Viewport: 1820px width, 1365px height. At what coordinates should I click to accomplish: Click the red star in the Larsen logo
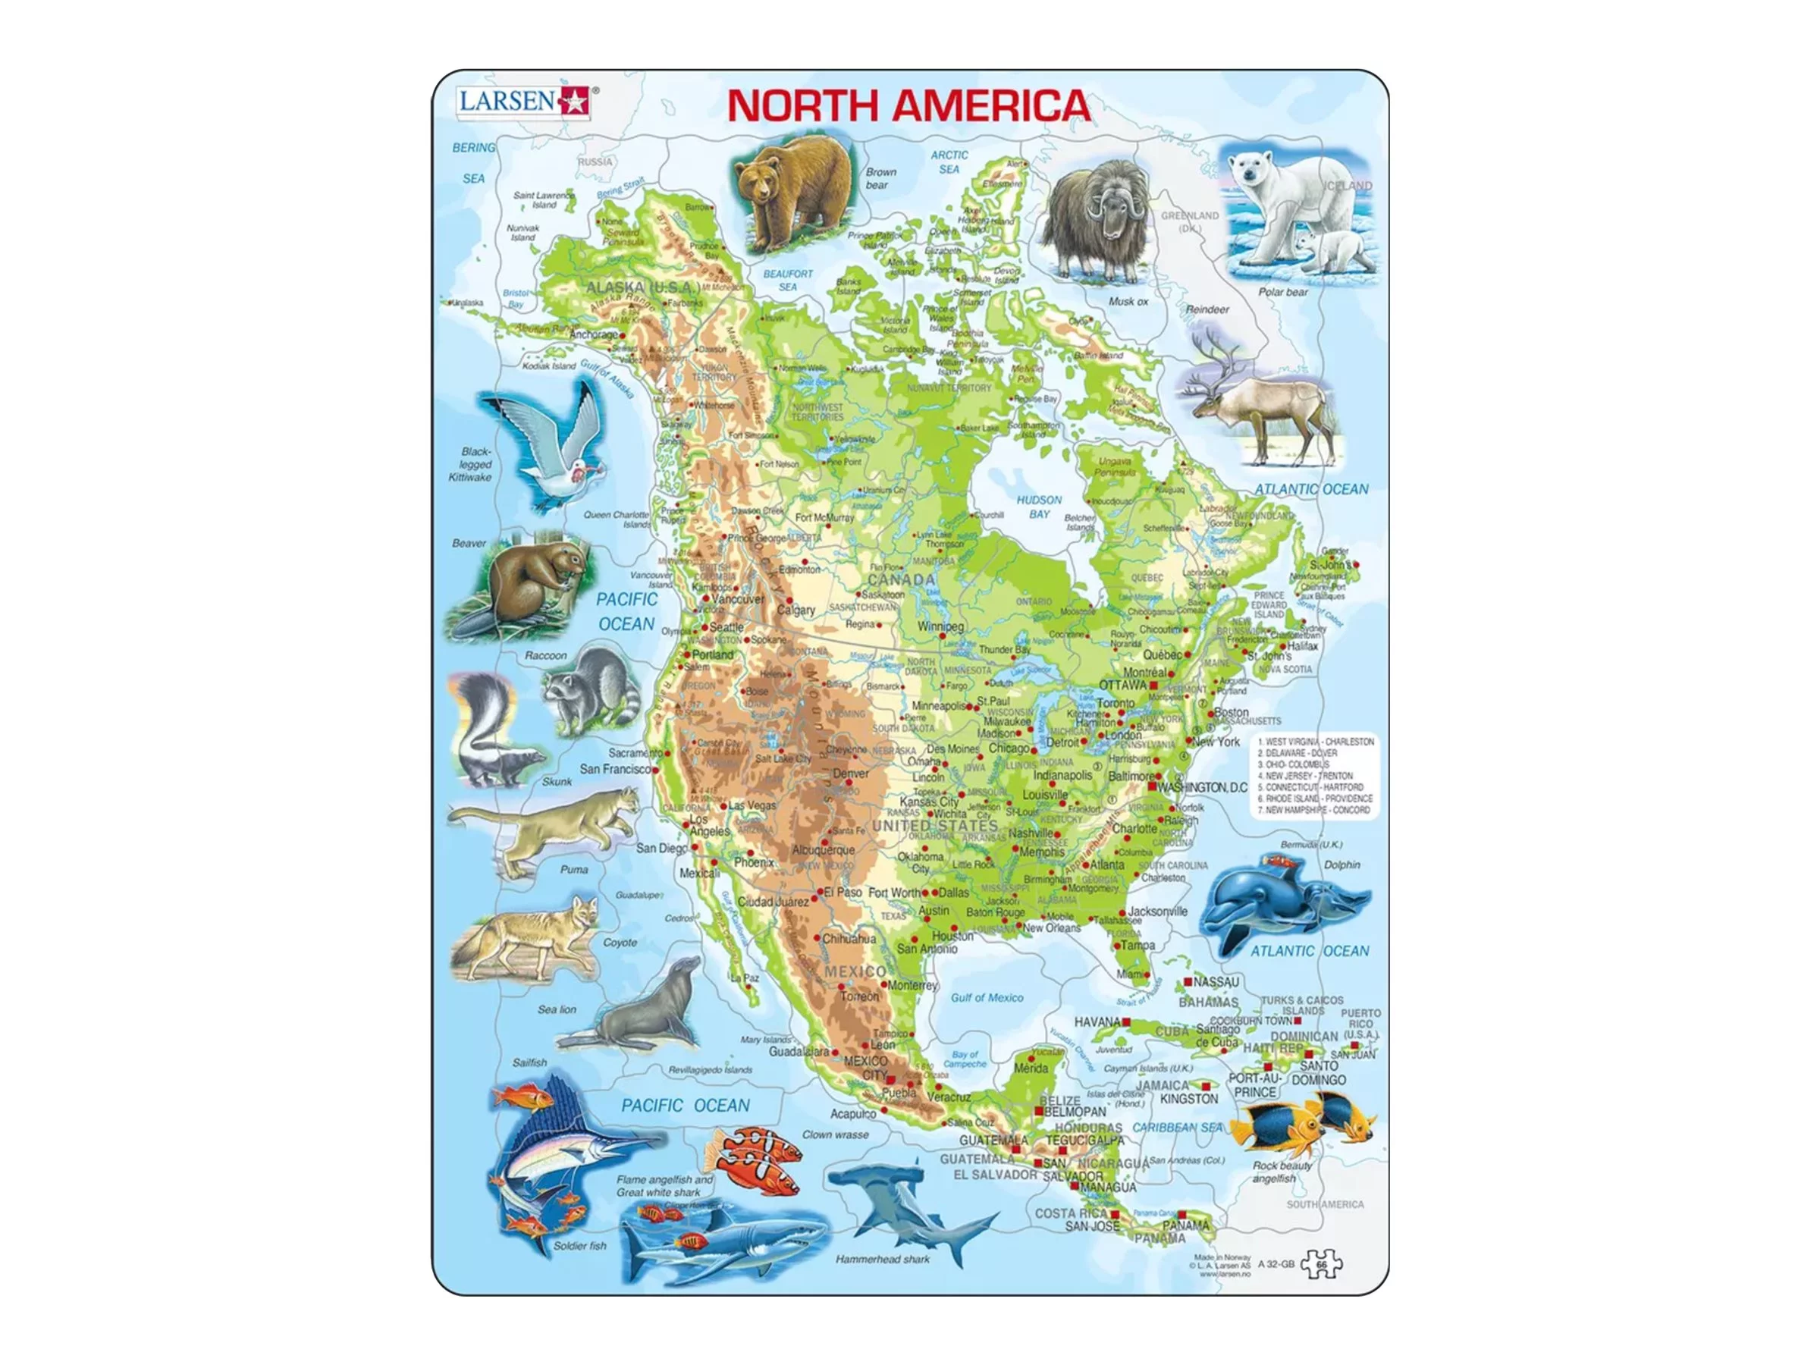pos(573,102)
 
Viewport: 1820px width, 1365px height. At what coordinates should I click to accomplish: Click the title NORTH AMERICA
pos(908,106)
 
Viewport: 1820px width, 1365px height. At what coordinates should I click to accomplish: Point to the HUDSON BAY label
pos(1039,506)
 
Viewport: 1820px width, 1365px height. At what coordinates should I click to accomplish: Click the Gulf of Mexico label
pos(987,997)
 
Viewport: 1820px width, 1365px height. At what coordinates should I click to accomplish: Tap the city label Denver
pos(850,773)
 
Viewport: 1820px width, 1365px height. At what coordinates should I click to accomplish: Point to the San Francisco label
pos(616,768)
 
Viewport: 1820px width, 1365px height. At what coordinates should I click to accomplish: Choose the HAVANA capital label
pos(1097,1021)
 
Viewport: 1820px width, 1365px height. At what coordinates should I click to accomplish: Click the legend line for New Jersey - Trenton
pos(1309,775)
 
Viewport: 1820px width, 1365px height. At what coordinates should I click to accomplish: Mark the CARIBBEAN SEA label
pos(1178,1127)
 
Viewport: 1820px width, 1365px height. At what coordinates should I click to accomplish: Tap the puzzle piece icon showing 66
pos(1321,1265)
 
